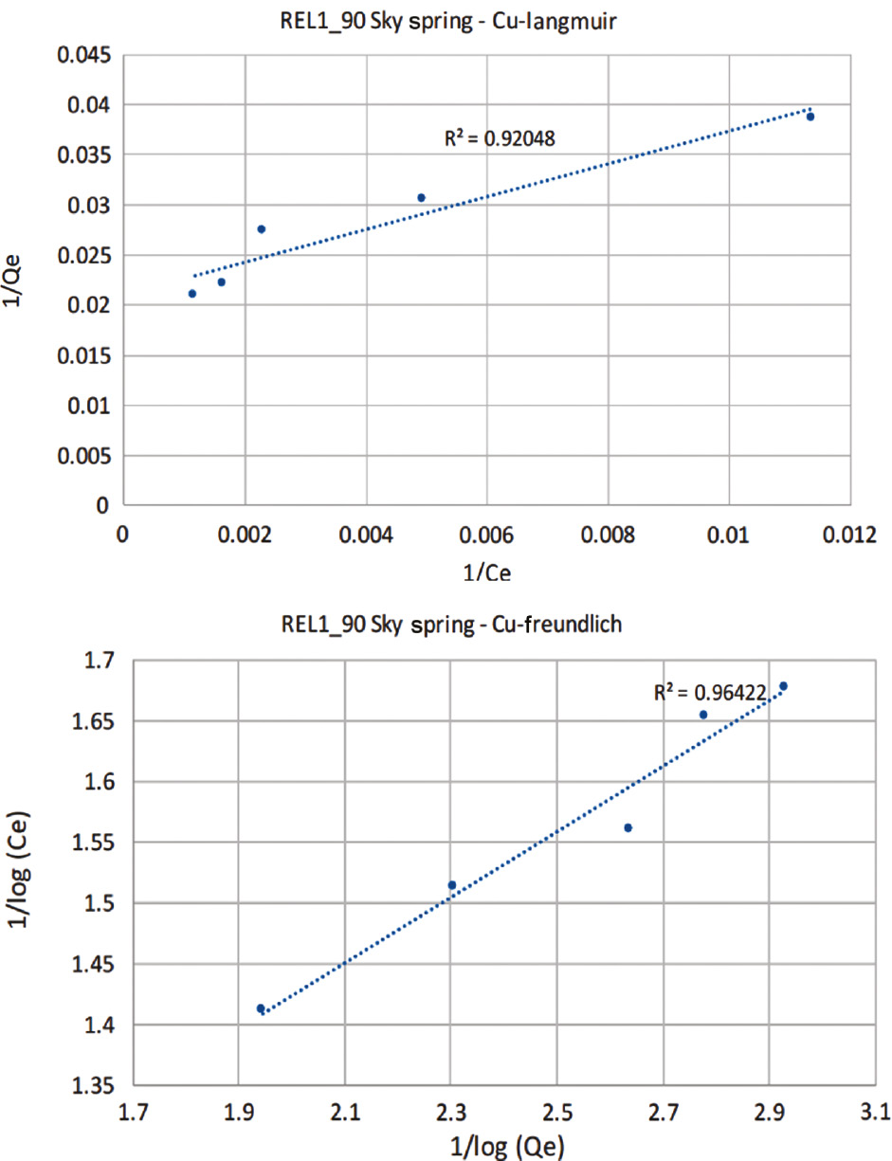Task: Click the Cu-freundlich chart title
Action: pyautogui.click(x=445, y=625)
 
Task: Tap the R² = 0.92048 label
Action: pyautogui.click(x=500, y=138)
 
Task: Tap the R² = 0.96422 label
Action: pyautogui.click(x=710, y=693)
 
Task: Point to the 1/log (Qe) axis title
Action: pyautogui.click(x=502, y=1147)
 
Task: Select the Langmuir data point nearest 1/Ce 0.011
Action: pyautogui.click(x=810, y=117)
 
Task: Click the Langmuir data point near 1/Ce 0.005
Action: pyautogui.click(x=422, y=198)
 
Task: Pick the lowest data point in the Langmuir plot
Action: pyautogui.click(x=192, y=294)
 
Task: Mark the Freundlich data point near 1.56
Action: pyautogui.click(x=628, y=828)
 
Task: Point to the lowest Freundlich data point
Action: pyautogui.click(x=261, y=1008)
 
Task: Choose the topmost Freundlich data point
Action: pyautogui.click(x=783, y=686)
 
